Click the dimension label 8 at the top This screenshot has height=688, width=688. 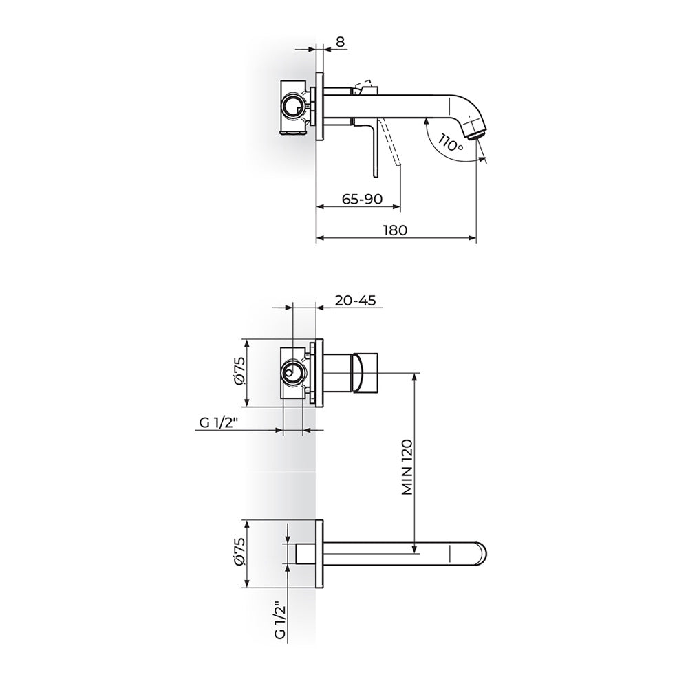pos(341,42)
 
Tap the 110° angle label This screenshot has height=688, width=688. pos(450,142)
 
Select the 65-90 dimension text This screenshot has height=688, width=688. pos(362,200)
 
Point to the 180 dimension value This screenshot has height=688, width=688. pos(396,230)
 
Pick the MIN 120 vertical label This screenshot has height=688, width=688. pos(407,466)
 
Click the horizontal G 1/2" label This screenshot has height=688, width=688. pos(219,422)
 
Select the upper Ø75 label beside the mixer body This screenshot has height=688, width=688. pos(240,372)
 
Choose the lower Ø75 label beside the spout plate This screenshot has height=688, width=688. pos(240,554)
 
